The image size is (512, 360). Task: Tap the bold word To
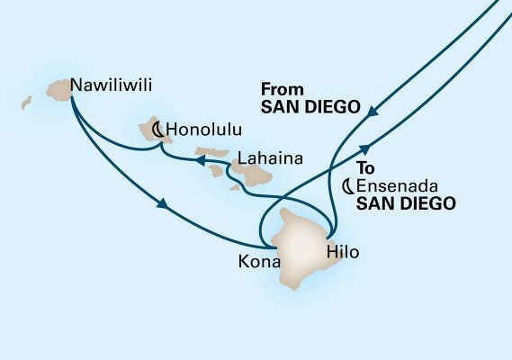click(x=364, y=168)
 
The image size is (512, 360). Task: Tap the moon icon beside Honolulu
click(x=157, y=130)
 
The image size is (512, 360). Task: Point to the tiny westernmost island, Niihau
click(x=26, y=103)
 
